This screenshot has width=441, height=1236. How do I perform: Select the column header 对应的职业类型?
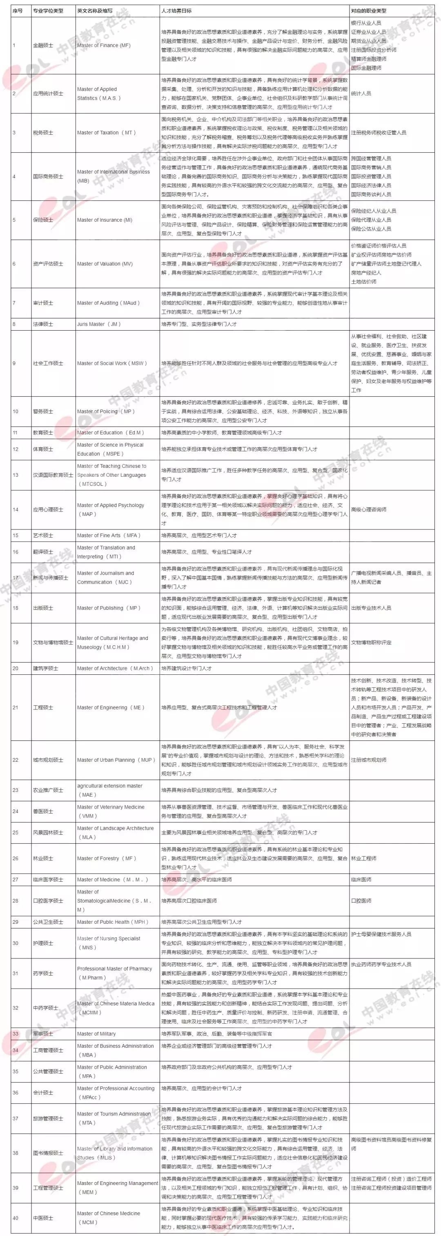(x=369, y=11)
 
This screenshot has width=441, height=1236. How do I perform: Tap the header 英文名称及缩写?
(x=95, y=11)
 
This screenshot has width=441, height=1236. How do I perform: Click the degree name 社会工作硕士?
(x=48, y=364)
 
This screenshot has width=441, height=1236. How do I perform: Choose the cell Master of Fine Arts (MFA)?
(x=109, y=536)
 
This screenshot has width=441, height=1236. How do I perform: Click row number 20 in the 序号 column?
(x=16, y=668)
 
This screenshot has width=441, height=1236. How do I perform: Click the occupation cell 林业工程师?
(x=364, y=858)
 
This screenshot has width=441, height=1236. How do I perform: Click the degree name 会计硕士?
(x=43, y=1093)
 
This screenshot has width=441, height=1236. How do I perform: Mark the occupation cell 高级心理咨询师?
(x=369, y=509)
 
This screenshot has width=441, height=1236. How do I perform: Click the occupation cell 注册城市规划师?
(x=369, y=760)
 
